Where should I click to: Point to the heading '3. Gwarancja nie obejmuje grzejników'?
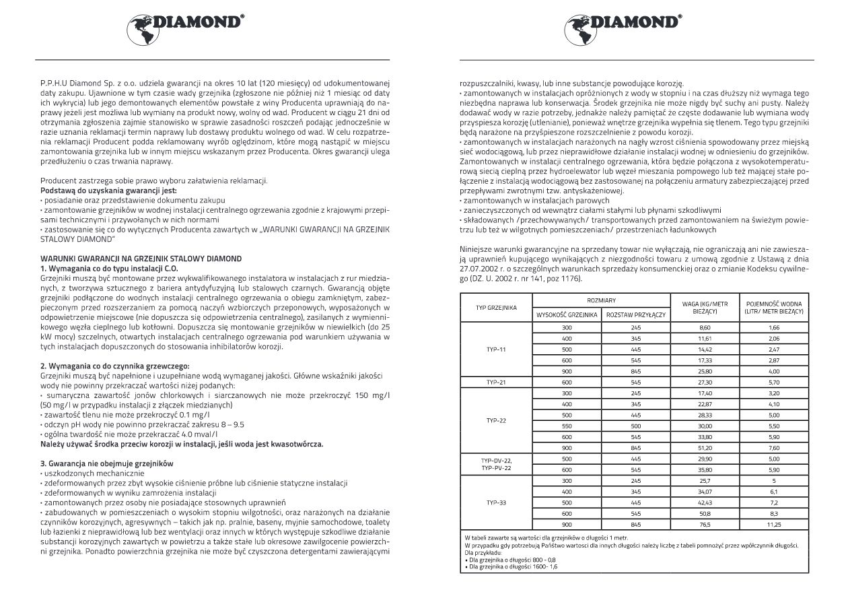98,464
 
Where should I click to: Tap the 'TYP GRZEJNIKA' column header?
496,307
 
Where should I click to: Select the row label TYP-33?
496,502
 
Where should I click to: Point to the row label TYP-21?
496,382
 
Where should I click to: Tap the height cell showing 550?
566,426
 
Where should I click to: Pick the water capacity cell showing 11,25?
773,523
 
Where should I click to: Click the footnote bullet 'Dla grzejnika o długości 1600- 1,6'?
512,566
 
